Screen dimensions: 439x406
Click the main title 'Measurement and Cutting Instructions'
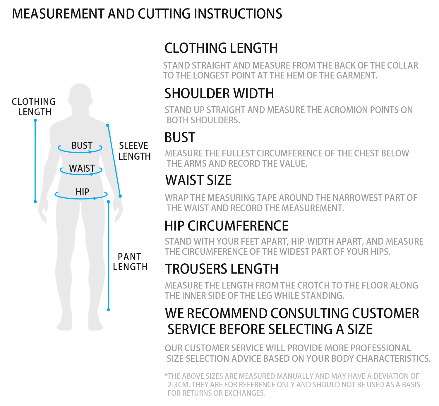click(x=147, y=14)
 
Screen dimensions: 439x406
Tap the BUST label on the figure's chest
click(x=82, y=145)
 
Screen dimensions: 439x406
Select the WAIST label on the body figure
click(x=82, y=168)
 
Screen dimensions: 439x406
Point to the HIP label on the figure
click(x=82, y=192)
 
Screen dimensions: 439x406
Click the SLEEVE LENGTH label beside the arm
click(x=134, y=151)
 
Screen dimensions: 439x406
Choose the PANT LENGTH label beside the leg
click(x=130, y=262)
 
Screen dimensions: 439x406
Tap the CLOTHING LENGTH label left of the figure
click(x=34, y=107)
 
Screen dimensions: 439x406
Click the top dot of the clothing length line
click(x=35, y=120)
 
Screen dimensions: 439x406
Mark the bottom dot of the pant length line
click(x=109, y=310)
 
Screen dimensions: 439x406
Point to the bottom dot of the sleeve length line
click(x=120, y=196)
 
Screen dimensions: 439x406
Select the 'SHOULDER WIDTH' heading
click(x=219, y=93)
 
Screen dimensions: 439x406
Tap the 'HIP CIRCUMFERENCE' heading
click(x=227, y=226)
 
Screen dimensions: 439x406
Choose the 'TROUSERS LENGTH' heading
click(x=222, y=269)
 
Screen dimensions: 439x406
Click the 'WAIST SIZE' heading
click(x=198, y=180)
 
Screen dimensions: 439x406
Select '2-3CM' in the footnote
click(x=178, y=385)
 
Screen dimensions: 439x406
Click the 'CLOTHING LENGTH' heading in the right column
click(x=221, y=48)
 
